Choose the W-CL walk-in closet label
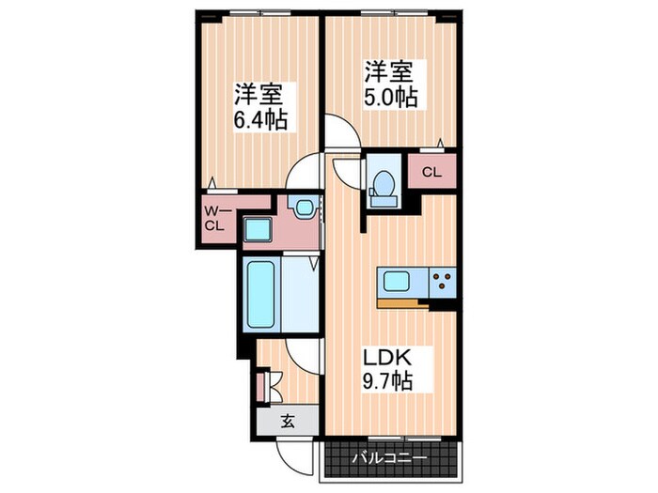pos(214,220)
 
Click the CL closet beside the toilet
pos(431,172)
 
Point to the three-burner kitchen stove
pos(442,280)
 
